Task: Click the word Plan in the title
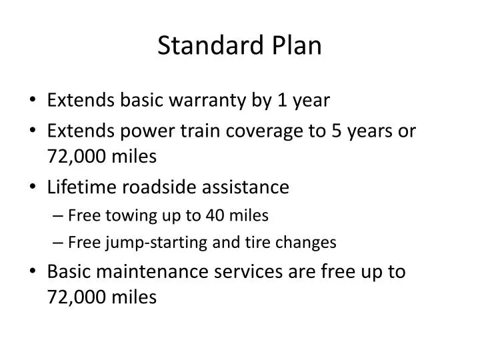[x=297, y=45]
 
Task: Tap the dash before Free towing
[x=55, y=216]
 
